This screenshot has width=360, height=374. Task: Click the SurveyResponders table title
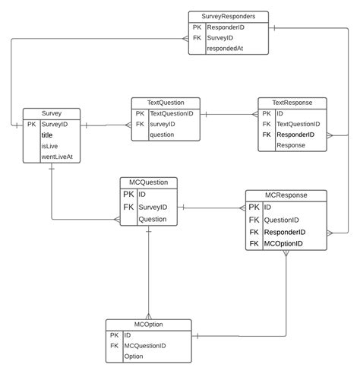pos(228,15)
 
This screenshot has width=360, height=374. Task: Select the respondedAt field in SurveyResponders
pos(226,47)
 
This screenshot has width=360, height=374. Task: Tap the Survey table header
pos(52,113)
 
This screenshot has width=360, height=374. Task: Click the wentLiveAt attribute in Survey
pos(58,157)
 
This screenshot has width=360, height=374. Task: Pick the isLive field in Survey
pos(49,146)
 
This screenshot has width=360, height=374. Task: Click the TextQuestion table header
pos(164,102)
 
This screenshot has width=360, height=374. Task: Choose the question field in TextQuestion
pos(163,135)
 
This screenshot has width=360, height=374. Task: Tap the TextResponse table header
pos(292,102)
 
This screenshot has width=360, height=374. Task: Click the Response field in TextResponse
pos(291,144)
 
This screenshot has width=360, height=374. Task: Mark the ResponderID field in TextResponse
pos(295,135)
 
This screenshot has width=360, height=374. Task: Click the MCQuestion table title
pos(149,182)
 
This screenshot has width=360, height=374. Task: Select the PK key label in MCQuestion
pos(128,194)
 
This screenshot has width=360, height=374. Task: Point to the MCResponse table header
pos(286,195)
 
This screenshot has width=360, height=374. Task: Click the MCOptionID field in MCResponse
pos(283,244)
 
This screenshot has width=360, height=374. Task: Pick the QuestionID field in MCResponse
pos(282,220)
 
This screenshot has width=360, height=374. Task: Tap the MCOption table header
pos(148,324)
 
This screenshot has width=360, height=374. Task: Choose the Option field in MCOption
pos(134,356)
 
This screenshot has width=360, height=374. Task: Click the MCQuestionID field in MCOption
pos(145,345)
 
